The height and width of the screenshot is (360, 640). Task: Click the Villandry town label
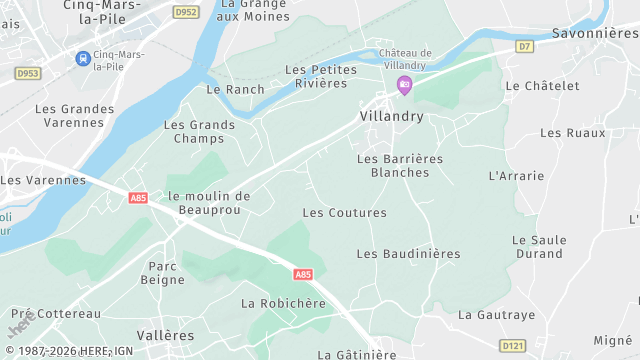391,117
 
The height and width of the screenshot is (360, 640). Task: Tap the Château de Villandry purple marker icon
404,86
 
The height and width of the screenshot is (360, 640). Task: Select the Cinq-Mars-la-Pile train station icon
81,58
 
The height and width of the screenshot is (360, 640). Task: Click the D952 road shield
185,12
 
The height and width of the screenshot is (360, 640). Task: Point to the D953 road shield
27,73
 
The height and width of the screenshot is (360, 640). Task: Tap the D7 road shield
525,46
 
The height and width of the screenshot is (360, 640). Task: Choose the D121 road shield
513,345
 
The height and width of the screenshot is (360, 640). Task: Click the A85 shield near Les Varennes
138,198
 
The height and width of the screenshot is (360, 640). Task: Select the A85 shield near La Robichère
303,274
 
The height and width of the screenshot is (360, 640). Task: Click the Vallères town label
165,336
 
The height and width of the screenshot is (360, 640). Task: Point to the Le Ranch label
229,89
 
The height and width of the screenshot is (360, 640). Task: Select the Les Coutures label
344,213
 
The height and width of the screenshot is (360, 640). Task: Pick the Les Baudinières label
408,254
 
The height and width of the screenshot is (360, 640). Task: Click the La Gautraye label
497,314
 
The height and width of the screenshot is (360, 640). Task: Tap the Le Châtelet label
542,86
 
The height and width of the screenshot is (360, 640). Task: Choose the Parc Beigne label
166,273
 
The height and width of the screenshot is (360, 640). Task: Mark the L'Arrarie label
516,176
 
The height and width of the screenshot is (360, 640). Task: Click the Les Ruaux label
572,132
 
